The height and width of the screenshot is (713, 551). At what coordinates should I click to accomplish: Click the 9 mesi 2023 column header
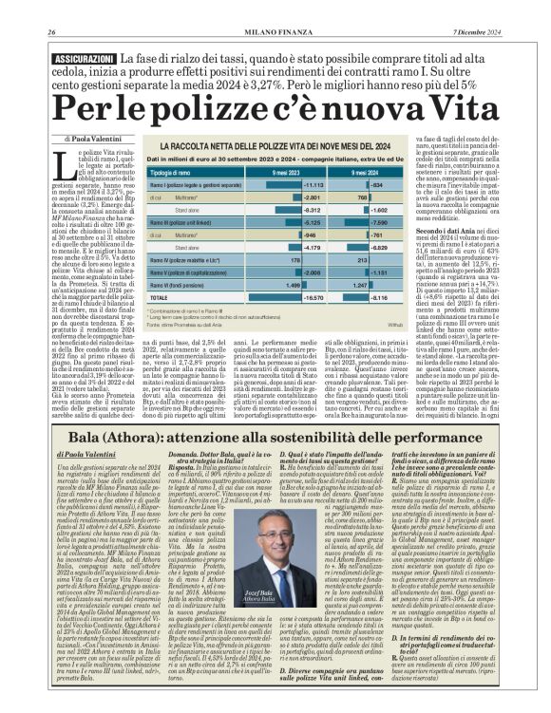[x=287, y=173]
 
